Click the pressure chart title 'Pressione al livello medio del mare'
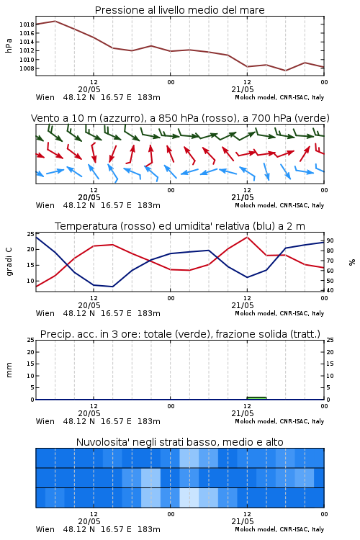click(179, 10)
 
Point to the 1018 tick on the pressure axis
click(27, 24)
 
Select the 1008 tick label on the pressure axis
click(27, 68)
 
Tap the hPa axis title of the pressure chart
click(9, 45)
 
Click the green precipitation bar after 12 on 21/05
click(256, 397)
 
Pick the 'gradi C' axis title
click(9, 262)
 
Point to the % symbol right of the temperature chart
click(352, 262)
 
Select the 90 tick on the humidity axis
click(330, 240)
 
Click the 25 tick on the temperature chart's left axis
click(30, 234)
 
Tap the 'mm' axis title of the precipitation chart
click(9, 369)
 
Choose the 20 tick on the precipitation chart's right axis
click(330, 352)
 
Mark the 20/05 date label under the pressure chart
click(89, 89)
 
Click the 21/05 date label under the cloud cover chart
click(243, 521)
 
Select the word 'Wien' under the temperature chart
click(45, 313)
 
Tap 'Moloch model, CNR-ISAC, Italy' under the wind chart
click(279, 205)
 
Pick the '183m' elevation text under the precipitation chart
click(149, 421)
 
